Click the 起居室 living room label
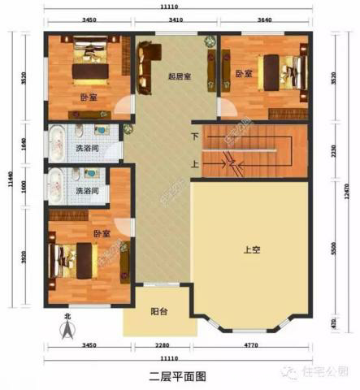pyautogui.click(x=178, y=77)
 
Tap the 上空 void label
pyautogui.click(x=251, y=250)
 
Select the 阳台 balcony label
pyautogui.click(x=159, y=312)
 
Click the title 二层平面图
pyautogui.click(x=179, y=376)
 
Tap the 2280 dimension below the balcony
pyautogui.click(x=159, y=349)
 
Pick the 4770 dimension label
pyautogui.click(x=253, y=349)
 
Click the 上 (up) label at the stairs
pyautogui.click(x=194, y=163)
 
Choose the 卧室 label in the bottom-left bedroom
pyautogui.click(x=101, y=234)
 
